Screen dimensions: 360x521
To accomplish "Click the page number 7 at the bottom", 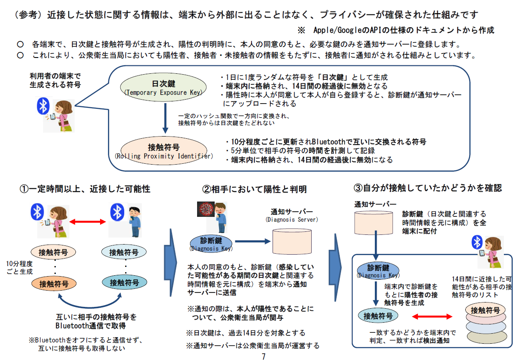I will pos(263,356).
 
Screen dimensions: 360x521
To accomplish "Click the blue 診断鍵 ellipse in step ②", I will pos(211,243).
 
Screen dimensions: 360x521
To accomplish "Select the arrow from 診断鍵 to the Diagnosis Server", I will pos(252,241).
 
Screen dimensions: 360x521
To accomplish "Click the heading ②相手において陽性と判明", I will pos(254,189).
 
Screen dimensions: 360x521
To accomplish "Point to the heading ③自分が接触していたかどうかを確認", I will pos(428,188).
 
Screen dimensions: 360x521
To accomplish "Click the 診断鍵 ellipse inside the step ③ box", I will pos(378,270).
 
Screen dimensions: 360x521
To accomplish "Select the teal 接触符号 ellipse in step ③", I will pos(378,315).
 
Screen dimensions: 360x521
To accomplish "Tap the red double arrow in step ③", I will pos(432,316).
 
